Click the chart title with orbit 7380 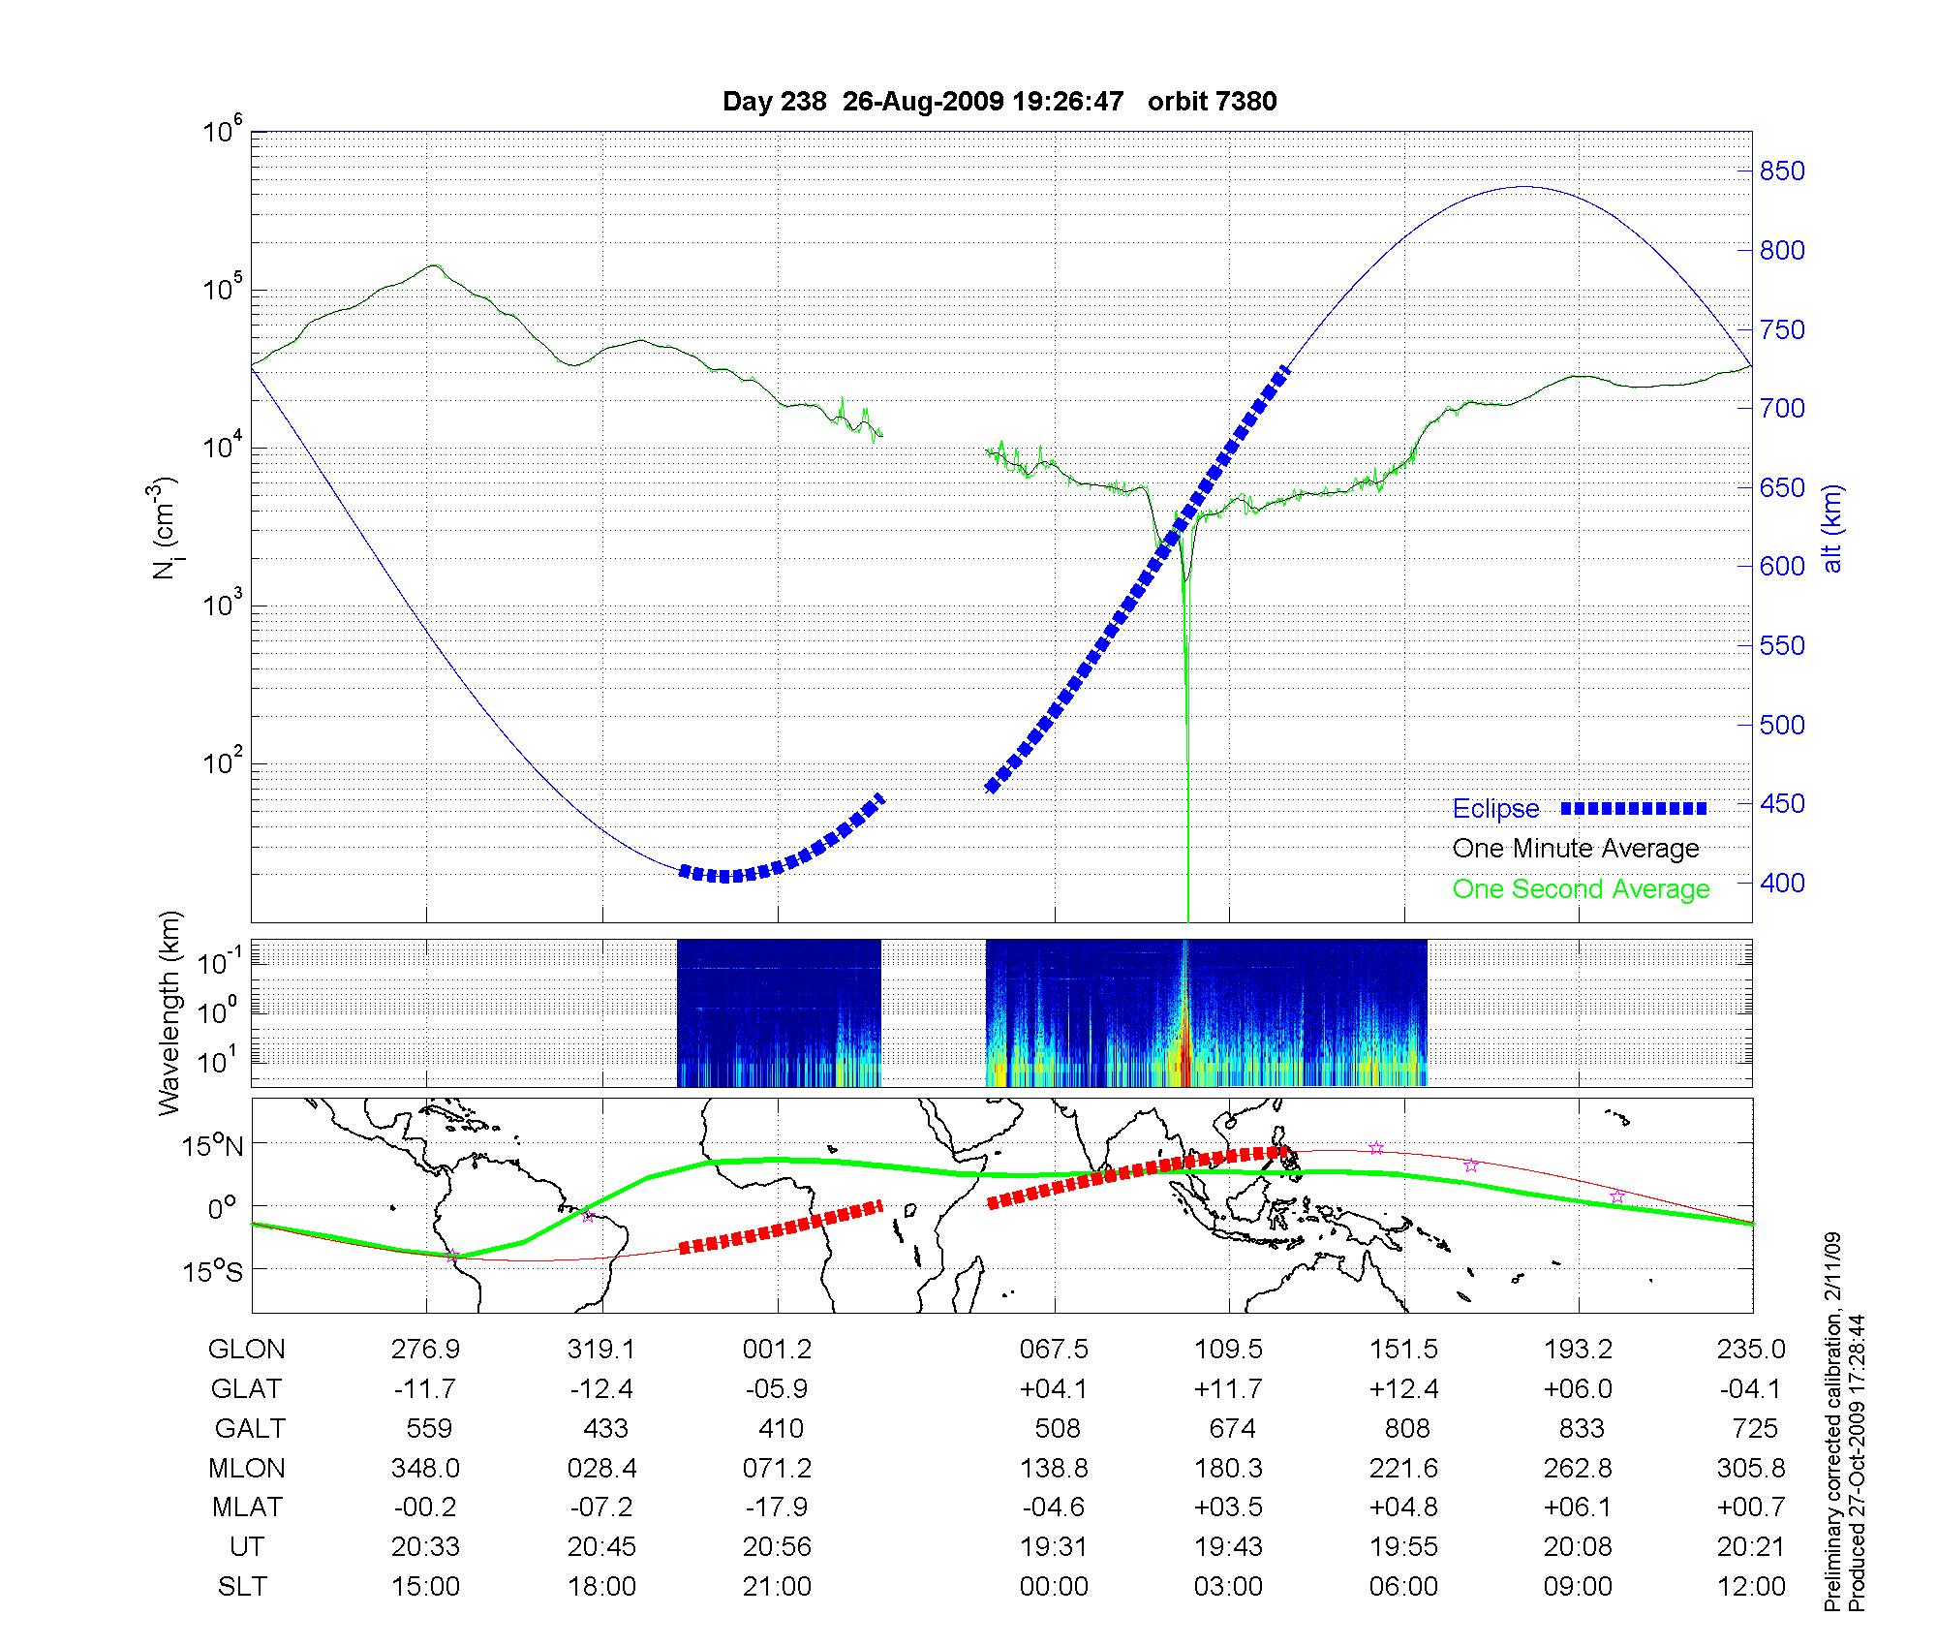coord(999,102)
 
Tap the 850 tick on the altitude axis coord(1782,171)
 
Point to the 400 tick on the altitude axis coord(1782,883)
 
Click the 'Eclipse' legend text coord(1495,809)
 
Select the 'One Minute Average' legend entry coord(1576,849)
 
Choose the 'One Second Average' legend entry coord(1581,889)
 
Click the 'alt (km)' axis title coord(1832,528)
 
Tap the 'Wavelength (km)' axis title coord(170,1013)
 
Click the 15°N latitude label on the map coord(214,1147)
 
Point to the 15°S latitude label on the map coord(214,1270)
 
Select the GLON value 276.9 coord(425,1349)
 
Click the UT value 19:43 coord(1229,1546)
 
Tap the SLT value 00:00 coord(1054,1586)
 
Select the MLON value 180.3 coord(1229,1468)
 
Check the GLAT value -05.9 coord(777,1388)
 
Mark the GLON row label coord(247,1349)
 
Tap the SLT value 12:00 coord(1750,1586)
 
